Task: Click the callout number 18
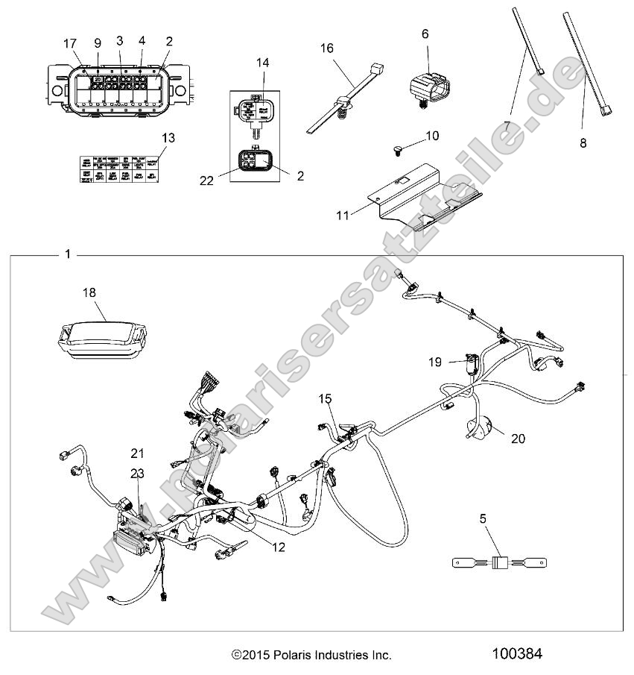89,293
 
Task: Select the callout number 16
327,48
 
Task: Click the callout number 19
436,362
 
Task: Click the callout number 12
278,547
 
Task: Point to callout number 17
69,43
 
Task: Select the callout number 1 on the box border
69,254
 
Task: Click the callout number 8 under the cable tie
583,142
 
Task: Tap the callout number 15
325,399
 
